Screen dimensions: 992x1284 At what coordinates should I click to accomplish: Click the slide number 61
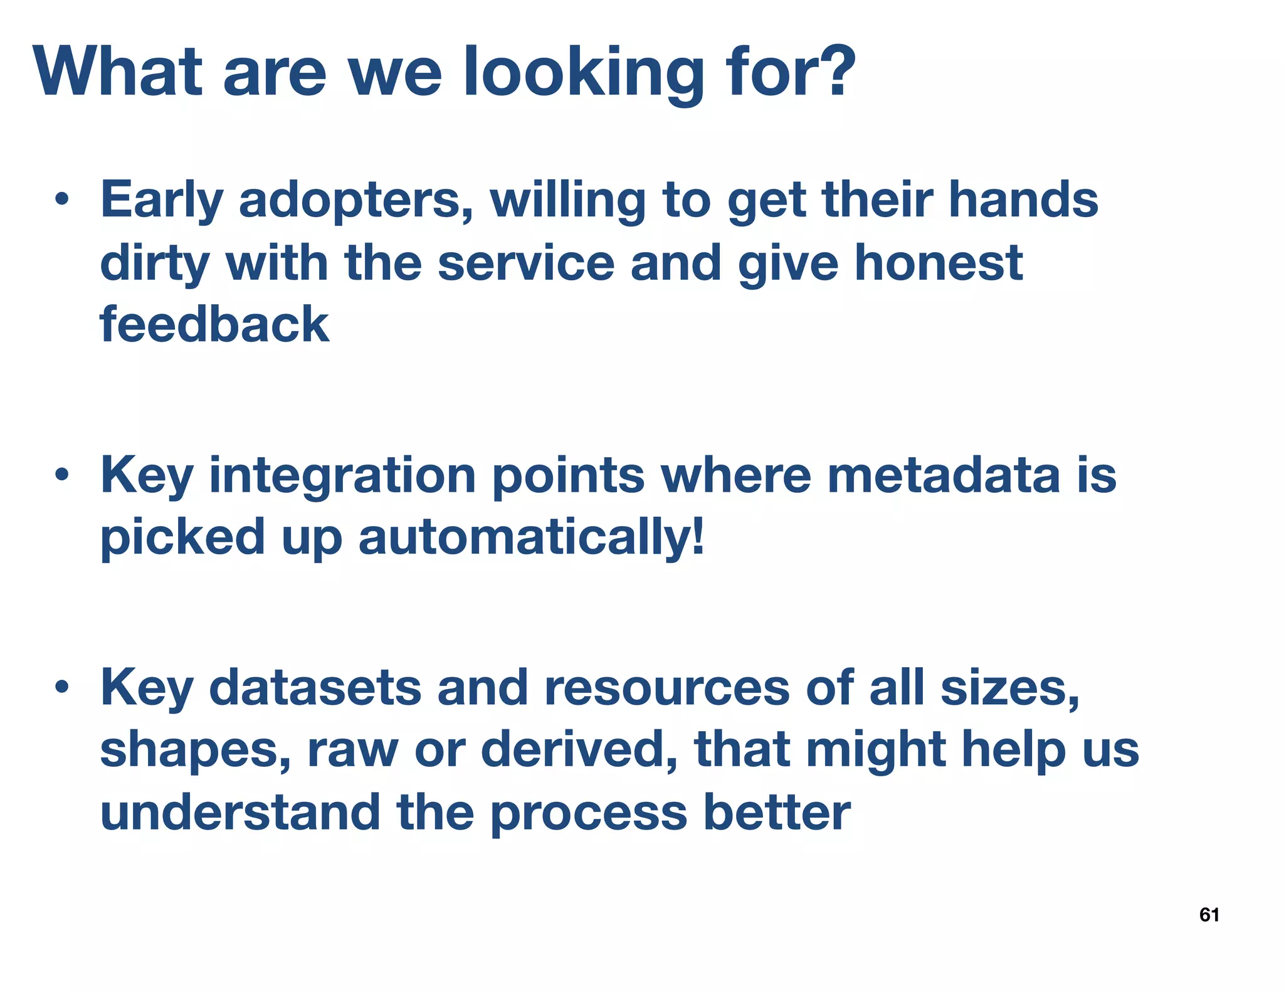point(1209,915)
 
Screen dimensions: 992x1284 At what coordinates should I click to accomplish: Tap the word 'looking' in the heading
point(582,74)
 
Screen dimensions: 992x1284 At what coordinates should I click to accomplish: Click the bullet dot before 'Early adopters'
point(61,201)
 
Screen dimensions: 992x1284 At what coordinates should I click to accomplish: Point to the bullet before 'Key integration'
point(61,475)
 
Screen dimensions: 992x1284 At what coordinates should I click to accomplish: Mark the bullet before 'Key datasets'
point(61,687)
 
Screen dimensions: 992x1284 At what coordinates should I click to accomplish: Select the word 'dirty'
point(154,263)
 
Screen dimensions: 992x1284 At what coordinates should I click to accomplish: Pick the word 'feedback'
point(214,324)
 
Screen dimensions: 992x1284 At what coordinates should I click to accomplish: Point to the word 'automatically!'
point(532,537)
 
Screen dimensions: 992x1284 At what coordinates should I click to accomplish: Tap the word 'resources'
point(666,688)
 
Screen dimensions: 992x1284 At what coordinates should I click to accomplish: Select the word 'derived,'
point(580,749)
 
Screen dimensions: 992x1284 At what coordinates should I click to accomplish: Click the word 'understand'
point(240,812)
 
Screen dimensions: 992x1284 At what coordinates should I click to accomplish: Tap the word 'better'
point(777,812)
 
